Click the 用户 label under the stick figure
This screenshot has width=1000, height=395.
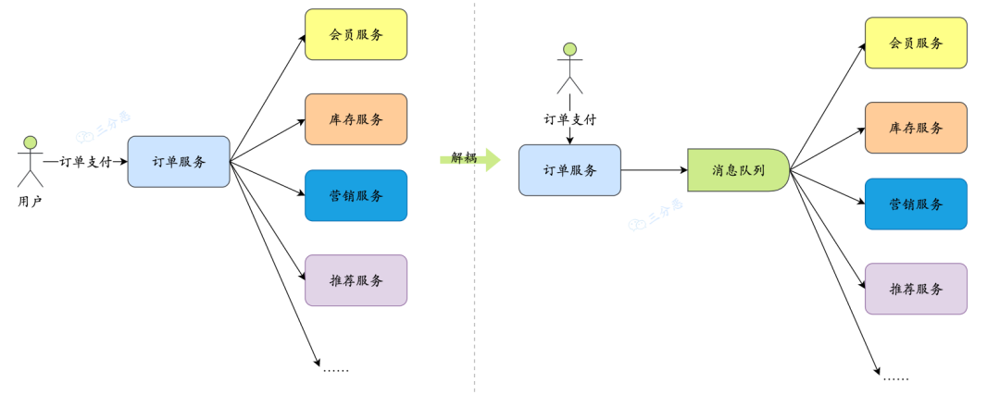pyautogui.click(x=30, y=201)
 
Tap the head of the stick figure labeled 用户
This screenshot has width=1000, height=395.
pyautogui.click(x=30, y=142)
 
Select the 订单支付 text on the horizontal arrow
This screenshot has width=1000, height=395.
pyautogui.click(x=85, y=162)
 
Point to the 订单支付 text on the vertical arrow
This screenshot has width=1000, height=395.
pyautogui.click(x=569, y=119)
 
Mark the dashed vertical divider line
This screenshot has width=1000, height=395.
pyautogui.click(x=475, y=278)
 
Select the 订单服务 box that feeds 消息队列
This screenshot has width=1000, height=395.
pyautogui.click(x=569, y=170)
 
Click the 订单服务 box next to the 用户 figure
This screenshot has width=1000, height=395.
pyautogui.click(x=179, y=162)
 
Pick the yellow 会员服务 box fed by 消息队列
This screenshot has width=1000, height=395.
pyautogui.click(x=916, y=43)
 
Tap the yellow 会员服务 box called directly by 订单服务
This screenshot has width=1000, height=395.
pyautogui.click(x=356, y=34)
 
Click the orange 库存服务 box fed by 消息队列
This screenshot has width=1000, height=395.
pyautogui.click(x=916, y=128)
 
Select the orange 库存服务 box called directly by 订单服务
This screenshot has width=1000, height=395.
pyautogui.click(x=356, y=119)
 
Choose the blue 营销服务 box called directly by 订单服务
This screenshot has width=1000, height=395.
pyautogui.click(x=356, y=195)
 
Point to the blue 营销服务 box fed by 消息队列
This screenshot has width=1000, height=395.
pyautogui.click(x=916, y=204)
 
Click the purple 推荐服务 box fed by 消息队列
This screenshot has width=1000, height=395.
pyautogui.click(x=916, y=289)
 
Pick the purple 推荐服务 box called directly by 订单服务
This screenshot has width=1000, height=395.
pyautogui.click(x=356, y=280)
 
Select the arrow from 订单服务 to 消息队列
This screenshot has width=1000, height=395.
pyautogui.click(x=654, y=170)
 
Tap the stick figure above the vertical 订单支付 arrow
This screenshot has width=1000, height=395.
pyautogui.click(x=569, y=68)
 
